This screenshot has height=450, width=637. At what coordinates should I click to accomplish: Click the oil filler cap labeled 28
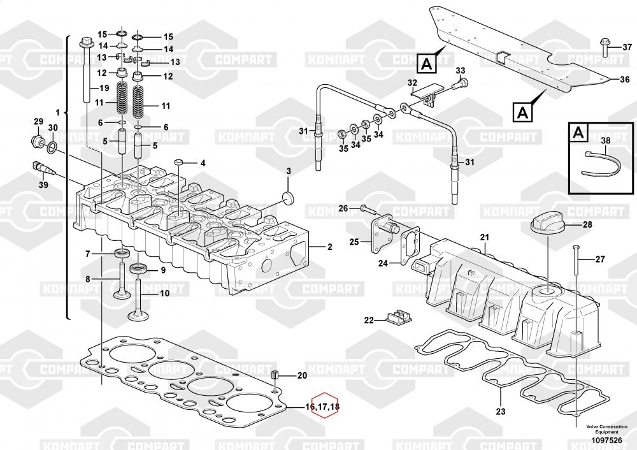(x=545, y=225)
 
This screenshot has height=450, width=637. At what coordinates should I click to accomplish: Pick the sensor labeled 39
(x=44, y=168)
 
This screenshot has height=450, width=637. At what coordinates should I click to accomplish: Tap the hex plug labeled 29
(x=36, y=140)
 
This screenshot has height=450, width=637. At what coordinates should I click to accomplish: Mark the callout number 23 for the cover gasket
(x=501, y=411)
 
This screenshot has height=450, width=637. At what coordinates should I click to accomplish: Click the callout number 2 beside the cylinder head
(x=329, y=247)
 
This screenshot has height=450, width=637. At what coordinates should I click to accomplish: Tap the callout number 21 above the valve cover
(x=484, y=238)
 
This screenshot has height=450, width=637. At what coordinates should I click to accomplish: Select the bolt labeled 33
(x=462, y=82)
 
